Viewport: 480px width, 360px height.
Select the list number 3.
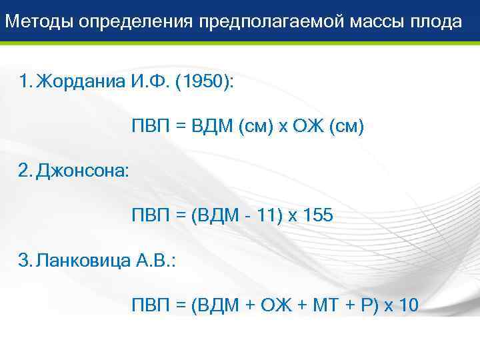25,261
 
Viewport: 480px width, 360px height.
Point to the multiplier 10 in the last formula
407,305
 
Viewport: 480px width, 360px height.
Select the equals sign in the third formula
180,306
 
